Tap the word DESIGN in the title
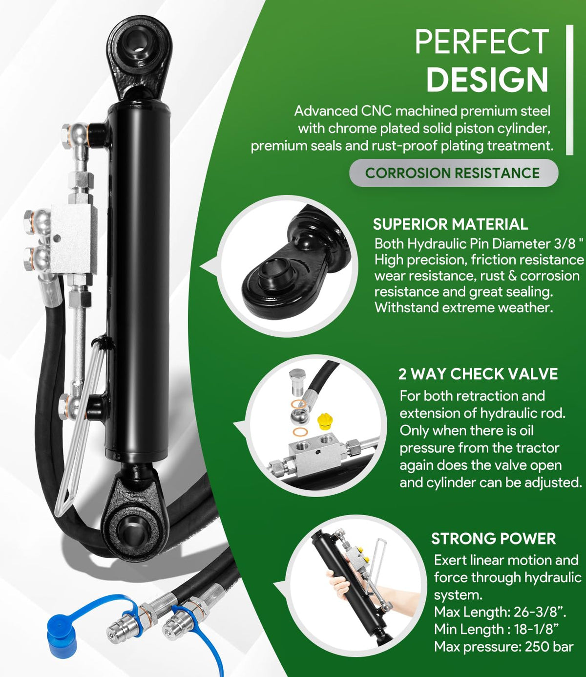[x=487, y=80]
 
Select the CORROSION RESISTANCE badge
[x=454, y=173]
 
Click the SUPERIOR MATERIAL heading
[x=450, y=224]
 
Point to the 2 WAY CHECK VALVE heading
[x=478, y=374]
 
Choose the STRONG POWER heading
[x=493, y=539]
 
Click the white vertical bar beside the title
[x=569, y=90]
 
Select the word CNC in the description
[x=377, y=111]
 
